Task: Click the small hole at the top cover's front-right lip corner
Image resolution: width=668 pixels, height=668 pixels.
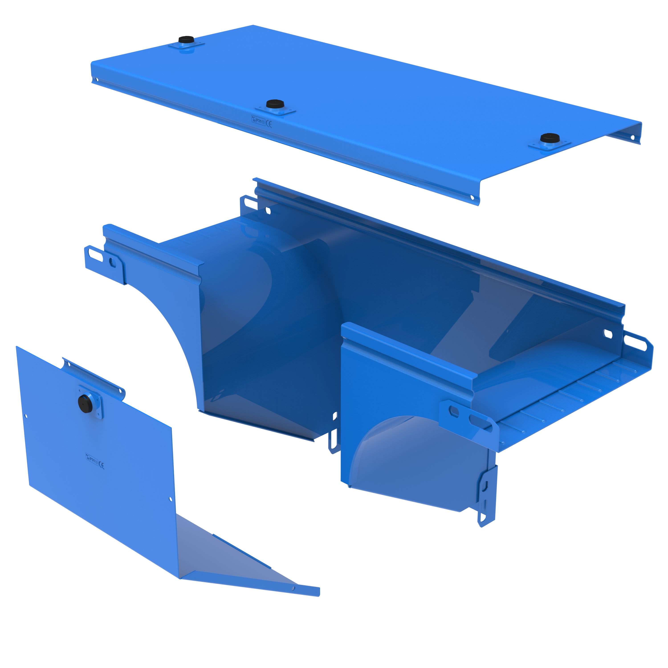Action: tap(472, 198)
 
